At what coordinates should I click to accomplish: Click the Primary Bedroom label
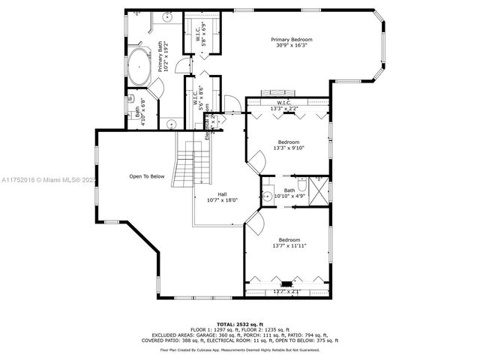point(291,39)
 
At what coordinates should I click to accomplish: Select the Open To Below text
point(146,177)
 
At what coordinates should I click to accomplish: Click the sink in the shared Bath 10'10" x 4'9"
point(268,196)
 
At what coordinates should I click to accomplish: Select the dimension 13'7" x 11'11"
point(289,245)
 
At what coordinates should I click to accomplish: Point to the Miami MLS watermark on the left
point(49,180)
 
